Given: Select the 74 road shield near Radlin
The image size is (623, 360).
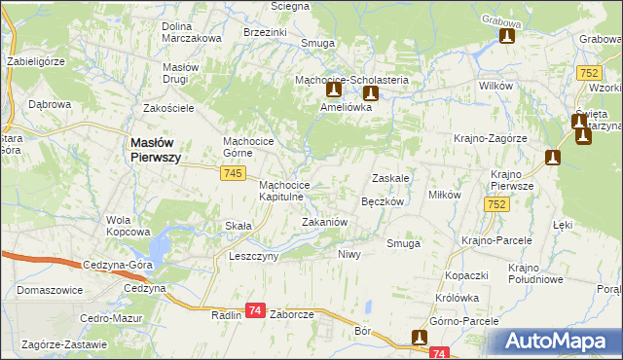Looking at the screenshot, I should click(255, 309).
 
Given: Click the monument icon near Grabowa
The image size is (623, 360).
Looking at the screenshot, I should click(506, 37).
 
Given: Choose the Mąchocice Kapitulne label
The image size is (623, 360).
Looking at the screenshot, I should click(284, 191).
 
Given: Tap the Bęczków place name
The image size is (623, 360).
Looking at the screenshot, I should click(383, 201).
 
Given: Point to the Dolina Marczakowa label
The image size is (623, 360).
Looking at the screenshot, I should click(192, 31).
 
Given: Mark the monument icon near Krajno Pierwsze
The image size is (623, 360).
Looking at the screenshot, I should click(554, 158).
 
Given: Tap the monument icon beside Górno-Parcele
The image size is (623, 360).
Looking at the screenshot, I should click(420, 338).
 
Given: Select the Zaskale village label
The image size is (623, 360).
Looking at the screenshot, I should click(389, 178).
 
